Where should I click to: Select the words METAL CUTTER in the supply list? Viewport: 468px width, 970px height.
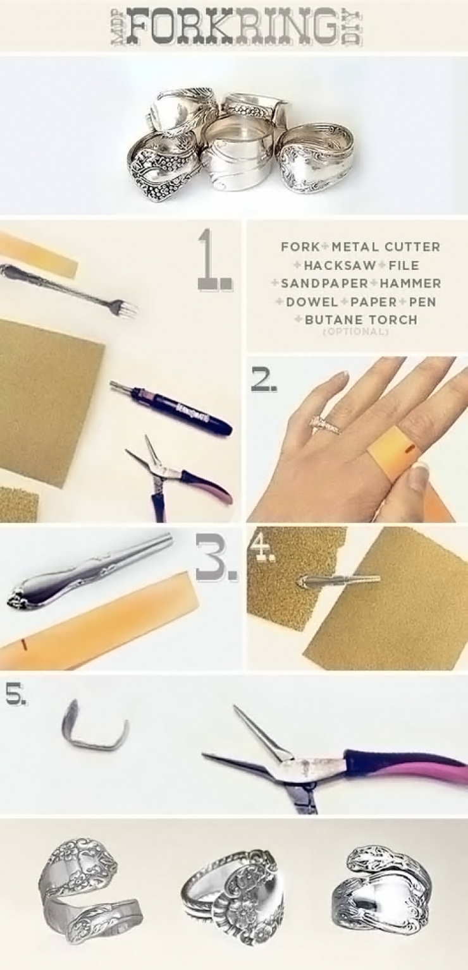[x=386, y=247]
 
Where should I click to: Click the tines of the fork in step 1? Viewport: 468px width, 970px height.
[x=125, y=309]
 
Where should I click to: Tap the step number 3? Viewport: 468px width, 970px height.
[x=216, y=558]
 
